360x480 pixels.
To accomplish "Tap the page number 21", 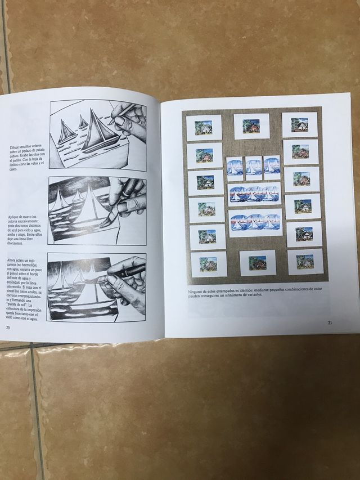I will [x=328, y=322].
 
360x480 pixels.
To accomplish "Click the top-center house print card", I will [x=251, y=125].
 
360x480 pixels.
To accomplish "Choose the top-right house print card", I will [x=300, y=124].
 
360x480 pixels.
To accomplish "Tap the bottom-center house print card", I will [x=257, y=262].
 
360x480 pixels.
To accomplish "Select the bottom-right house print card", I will [x=306, y=261].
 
